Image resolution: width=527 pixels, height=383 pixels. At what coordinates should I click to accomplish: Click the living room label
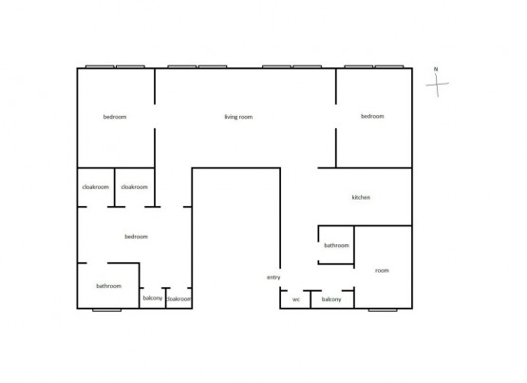pyautogui.click(x=238, y=117)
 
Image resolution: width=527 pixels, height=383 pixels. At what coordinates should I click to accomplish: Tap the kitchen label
pyautogui.click(x=361, y=197)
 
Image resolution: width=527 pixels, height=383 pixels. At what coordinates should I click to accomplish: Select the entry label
pyautogui.click(x=273, y=278)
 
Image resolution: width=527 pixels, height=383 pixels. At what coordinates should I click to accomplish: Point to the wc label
pyautogui.click(x=295, y=299)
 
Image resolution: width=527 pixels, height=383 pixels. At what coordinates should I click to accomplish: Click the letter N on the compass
pyautogui.click(x=436, y=69)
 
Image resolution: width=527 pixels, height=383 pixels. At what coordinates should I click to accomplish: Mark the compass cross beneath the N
pyautogui.click(x=437, y=85)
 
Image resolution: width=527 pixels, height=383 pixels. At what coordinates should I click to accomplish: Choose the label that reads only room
pyautogui.click(x=382, y=270)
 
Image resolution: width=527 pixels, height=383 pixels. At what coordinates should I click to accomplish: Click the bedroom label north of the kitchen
pyautogui.click(x=372, y=116)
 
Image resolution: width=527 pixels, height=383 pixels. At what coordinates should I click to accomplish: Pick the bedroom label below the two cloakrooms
pyautogui.click(x=136, y=237)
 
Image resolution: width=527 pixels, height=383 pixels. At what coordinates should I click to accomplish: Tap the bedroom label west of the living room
pyautogui.click(x=115, y=117)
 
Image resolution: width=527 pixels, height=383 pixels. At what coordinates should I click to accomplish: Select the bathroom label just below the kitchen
pyautogui.click(x=336, y=245)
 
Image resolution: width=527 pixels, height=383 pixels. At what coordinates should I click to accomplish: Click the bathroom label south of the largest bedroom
pyautogui.click(x=108, y=286)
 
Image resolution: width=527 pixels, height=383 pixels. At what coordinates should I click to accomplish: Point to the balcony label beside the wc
pyautogui.click(x=331, y=299)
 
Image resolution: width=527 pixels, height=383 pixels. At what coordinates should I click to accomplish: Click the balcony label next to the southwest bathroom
pyautogui.click(x=153, y=298)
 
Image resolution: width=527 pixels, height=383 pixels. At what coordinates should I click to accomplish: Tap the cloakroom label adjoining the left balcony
pyautogui.click(x=179, y=299)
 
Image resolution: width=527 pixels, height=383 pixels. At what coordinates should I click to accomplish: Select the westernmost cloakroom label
pyautogui.click(x=96, y=187)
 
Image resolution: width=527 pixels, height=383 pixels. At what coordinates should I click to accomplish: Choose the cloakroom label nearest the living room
pyautogui.click(x=135, y=187)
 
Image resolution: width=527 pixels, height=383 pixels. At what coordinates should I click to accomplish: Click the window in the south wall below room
pyautogui.click(x=383, y=310)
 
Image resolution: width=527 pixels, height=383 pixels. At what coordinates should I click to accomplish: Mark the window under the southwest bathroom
pyautogui.click(x=106, y=310)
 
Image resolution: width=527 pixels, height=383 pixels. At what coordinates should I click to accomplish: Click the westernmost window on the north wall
pyautogui.click(x=100, y=67)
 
